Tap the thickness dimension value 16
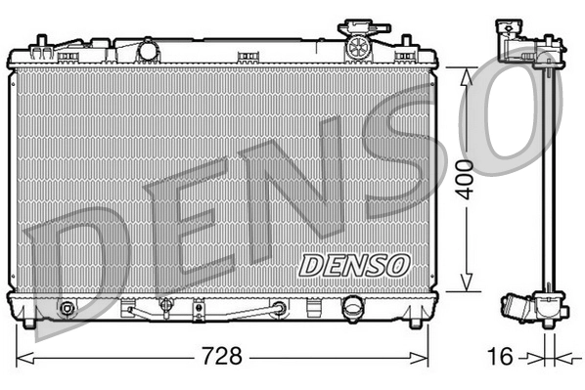click(500, 356)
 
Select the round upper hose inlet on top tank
click(148, 49)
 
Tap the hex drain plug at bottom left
click(67, 311)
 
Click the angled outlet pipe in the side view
click(519, 312)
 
